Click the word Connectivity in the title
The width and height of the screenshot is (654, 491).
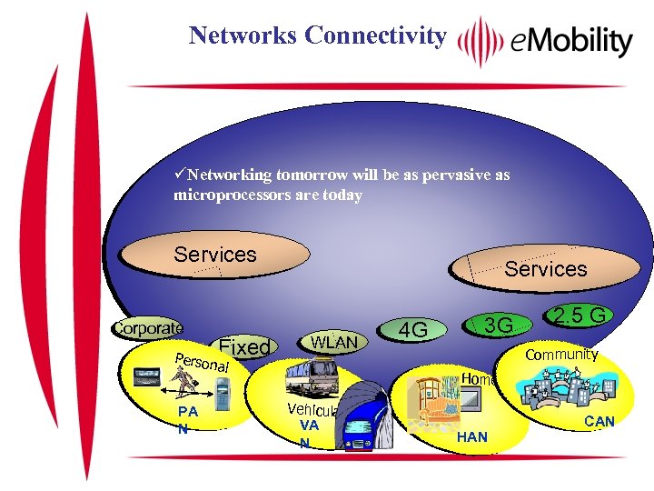pyautogui.click(x=376, y=35)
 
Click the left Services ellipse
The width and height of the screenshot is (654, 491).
pyautogui.click(x=215, y=255)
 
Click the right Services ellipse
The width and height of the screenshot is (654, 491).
pyautogui.click(x=545, y=268)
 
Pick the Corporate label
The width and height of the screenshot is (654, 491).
pyautogui.click(x=147, y=327)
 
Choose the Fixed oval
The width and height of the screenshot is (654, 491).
pyautogui.click(x=244, y=346)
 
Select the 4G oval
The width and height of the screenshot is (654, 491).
pyautogui.click(x=413, y=330)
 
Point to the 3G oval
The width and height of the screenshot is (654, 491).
pyautogui.click(x=497, y=325)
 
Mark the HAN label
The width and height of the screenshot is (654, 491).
pyautogui.click(x=472, y=437)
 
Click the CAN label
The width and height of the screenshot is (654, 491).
pyautogui.click(x=599, y=421)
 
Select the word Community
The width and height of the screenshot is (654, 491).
pyautogui.click(x=562, y=354)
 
